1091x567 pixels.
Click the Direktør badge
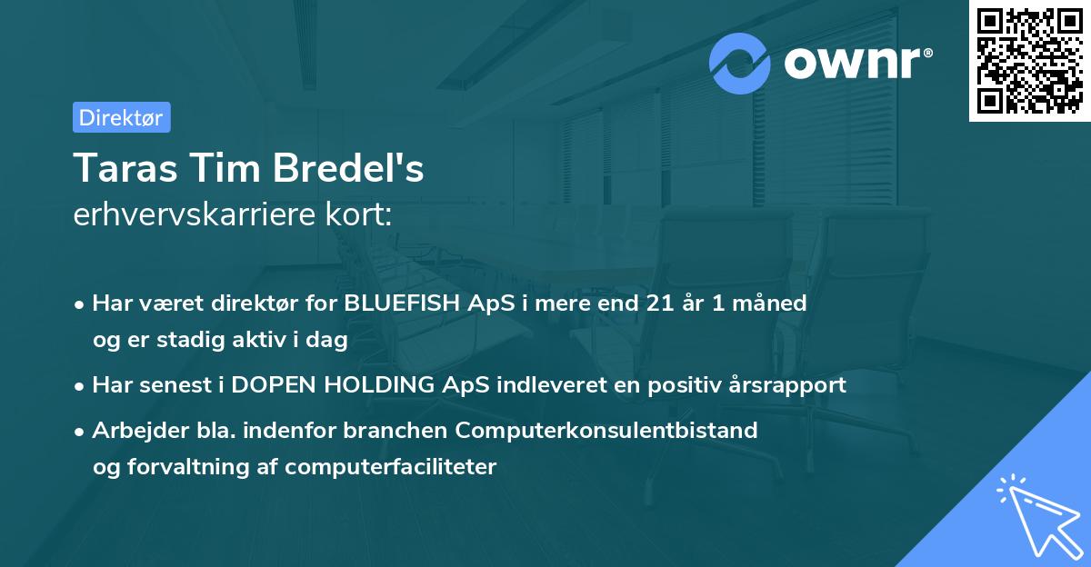pos(121,117)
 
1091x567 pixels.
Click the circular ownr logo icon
pos(740,64)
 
